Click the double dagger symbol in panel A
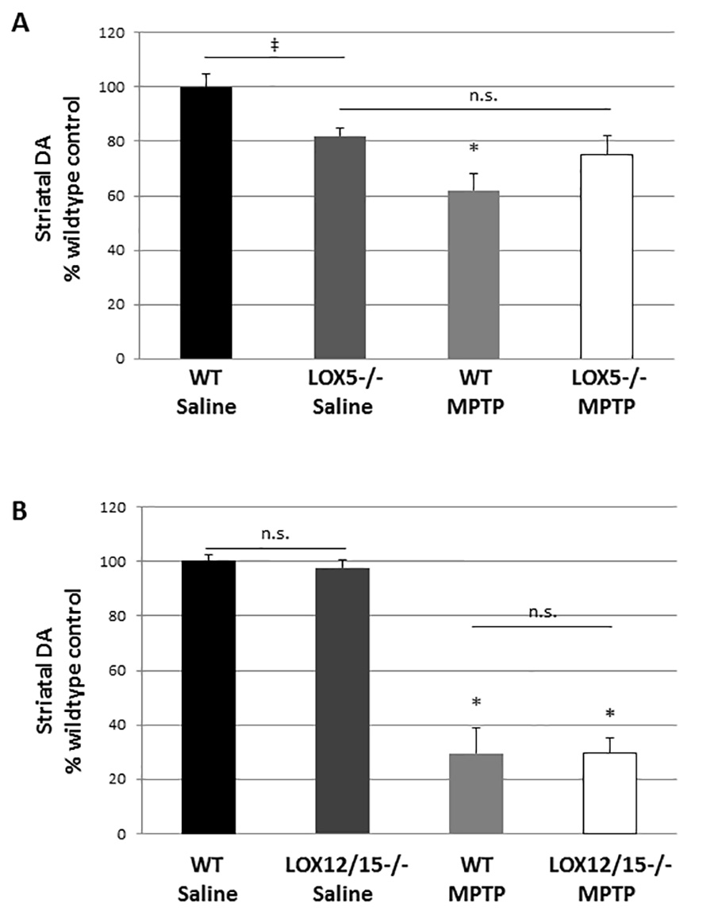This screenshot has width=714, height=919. point(274,45)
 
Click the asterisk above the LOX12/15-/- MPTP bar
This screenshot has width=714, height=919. point(610,703)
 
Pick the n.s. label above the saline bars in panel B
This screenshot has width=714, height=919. point(276,533)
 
